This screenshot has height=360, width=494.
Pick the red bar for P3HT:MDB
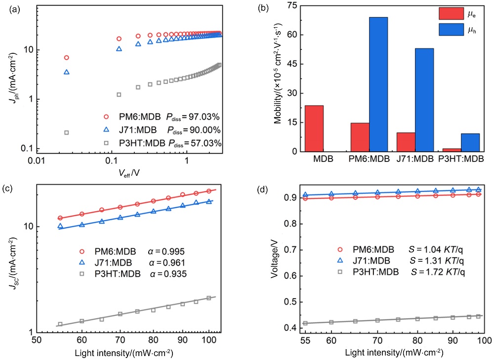pyautogui.click(x=452, y=150)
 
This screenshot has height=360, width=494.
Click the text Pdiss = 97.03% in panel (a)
pyautogui.click(x=196, y=117)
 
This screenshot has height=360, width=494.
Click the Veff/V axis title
pyautogui.click(x=128, y=172)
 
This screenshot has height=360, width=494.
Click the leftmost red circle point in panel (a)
pyautogui.click(x=67, y=58)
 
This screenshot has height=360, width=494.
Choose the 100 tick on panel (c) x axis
pyautogui.click(x=209, y=340)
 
